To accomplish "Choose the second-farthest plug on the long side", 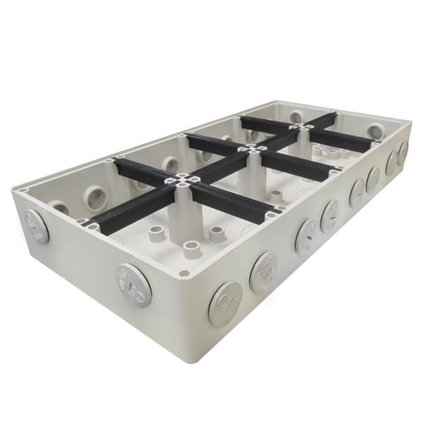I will click(x=390, y=160).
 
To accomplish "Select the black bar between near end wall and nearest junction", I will click(x=124, y=210).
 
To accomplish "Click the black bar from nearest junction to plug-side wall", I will click(x=232, y=199).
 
